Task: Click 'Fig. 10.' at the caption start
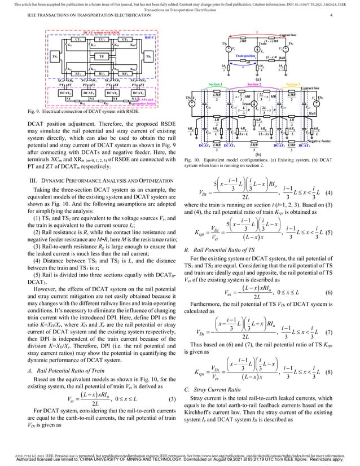pyautogui.click(x=193, y=160)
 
